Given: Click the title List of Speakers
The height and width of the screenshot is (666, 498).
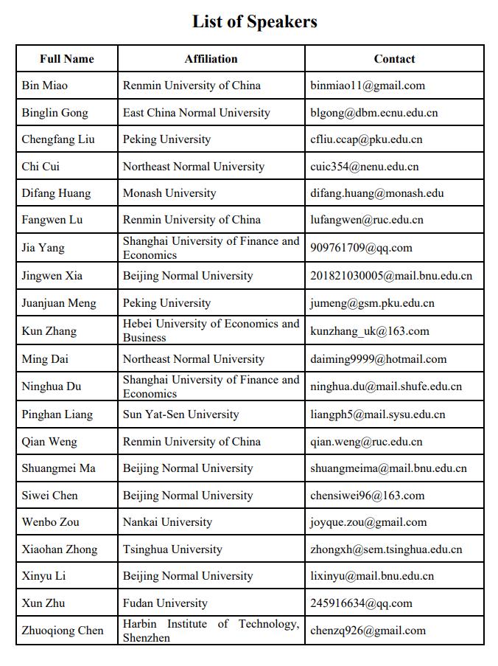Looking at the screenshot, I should tap(255, 21).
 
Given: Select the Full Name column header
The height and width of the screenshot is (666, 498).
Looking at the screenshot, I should tap(67, 59).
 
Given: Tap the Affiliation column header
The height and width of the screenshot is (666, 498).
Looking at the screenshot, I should tap(211, 59).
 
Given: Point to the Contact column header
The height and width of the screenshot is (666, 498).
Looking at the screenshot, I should tap(394, 59).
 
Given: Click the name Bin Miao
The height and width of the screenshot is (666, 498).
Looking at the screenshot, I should tap(45, 86).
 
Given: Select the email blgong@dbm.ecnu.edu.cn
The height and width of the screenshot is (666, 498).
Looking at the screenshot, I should tap(373, 113).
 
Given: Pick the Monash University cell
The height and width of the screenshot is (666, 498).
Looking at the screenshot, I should tap(169, 193).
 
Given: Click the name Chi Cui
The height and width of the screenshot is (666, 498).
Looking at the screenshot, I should tap(41, 167).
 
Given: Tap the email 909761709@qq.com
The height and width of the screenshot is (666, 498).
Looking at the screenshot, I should tap(361, 248).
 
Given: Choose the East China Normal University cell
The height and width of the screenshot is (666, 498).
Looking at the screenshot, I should tap(197, 113).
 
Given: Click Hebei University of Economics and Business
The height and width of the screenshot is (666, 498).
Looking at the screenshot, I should tap(211, 330).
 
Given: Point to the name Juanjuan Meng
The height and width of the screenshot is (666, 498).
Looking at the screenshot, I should tap(59, 303).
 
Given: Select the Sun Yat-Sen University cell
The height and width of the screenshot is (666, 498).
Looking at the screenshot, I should tap(181, 414).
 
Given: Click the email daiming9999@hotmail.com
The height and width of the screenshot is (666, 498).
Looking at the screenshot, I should tap(378, 359).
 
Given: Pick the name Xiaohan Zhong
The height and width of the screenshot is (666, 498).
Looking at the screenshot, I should tap(60, 549).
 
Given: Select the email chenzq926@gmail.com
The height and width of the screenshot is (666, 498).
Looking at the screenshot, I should tap(368, 631).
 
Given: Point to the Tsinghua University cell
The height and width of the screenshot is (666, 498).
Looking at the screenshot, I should tap(172, 549).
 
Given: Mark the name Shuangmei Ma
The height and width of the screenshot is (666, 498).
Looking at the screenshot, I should tap(59, 468).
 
